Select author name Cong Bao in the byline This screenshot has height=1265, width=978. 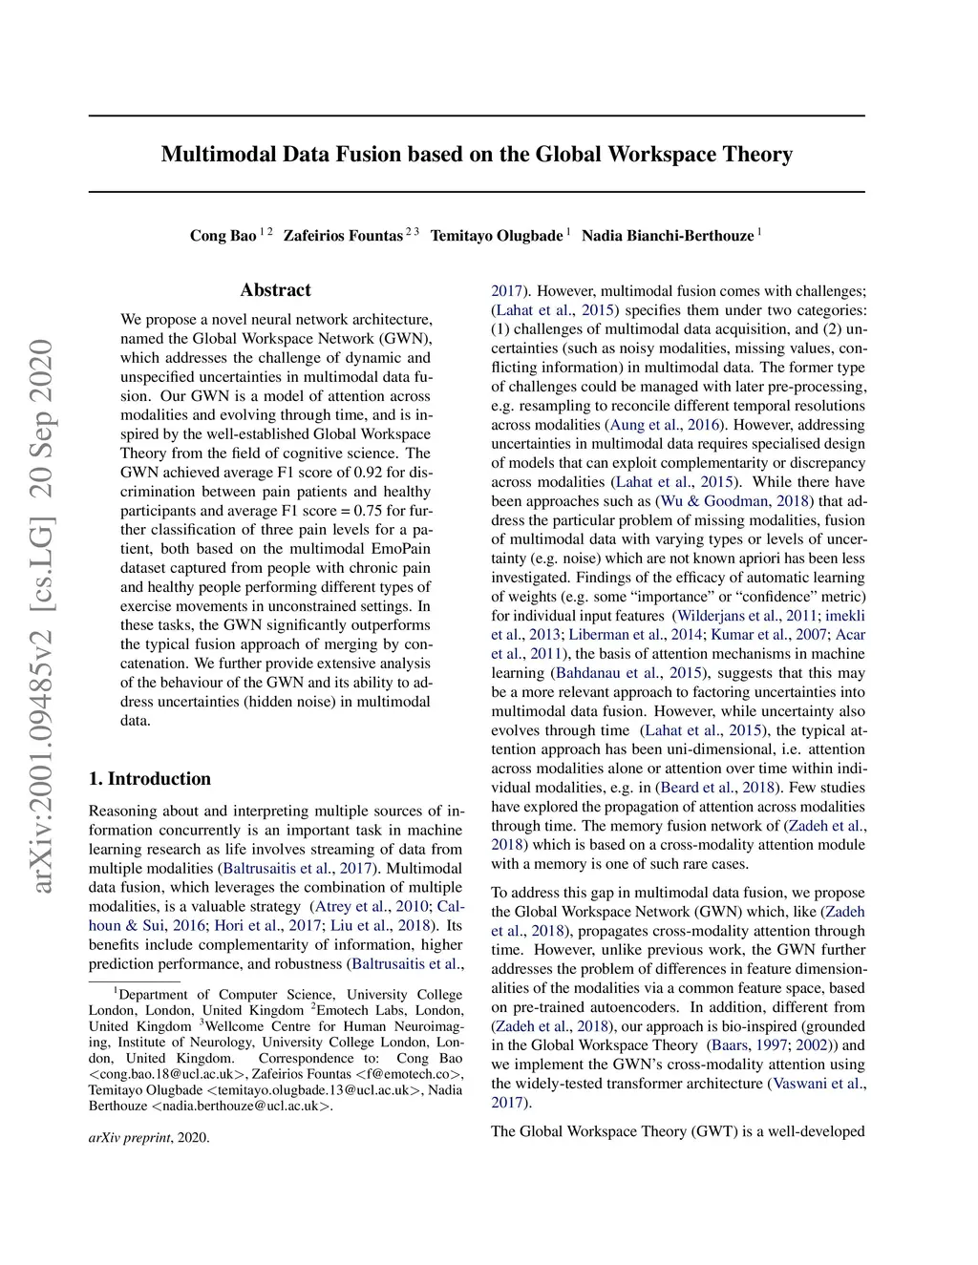point(223,236)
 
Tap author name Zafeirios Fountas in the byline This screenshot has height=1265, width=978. point(343,236)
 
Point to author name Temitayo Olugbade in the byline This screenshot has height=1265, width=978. point(496,236)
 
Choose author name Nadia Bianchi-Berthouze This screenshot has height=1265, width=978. point(667,236)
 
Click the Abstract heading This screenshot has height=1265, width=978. point(275,290)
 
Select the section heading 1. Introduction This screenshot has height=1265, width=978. point(150,779)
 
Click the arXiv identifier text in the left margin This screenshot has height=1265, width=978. point(42,616)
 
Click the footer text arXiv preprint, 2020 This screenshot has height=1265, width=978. point(149,1138)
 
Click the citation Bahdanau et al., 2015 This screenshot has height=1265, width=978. point(629,673)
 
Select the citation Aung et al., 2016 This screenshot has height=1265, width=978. point(667,425)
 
